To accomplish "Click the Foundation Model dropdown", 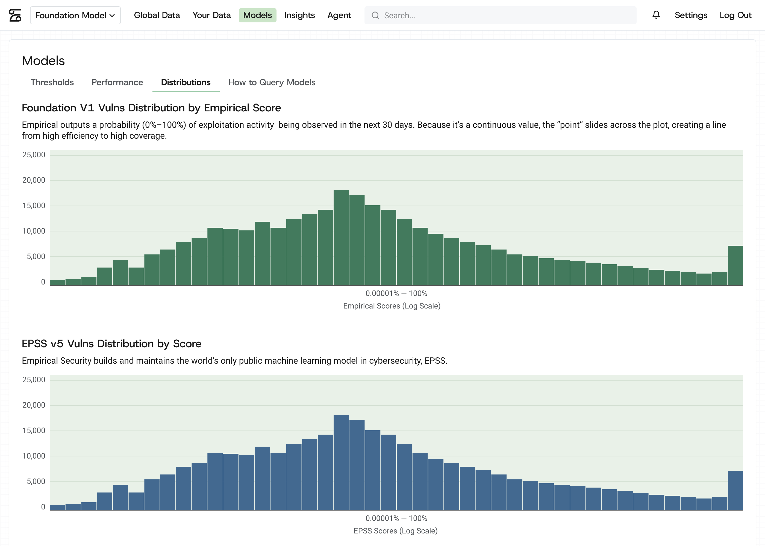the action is click(75, 15).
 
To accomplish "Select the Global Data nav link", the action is click(157, 15).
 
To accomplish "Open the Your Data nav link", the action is click(211, 15).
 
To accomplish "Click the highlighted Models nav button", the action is click(257, 15).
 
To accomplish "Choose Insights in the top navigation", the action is click(299, 15).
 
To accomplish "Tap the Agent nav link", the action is click(339, 15).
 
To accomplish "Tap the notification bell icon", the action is click(656, 15).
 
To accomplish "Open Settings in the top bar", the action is click(691, 15).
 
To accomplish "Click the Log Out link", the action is click(735, 15).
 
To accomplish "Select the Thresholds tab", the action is click(52, 82).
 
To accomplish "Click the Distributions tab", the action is click(186, 82).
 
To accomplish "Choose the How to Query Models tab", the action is click(272, 82).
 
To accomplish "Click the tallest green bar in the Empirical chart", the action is click(341, 237).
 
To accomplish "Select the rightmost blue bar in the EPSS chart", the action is click(735, 490).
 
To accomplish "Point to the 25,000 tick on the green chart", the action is click(34, 155).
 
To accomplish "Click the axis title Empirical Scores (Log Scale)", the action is click(392, 306).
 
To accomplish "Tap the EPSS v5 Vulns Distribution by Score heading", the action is click(112, 344).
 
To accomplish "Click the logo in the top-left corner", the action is click(15, 15).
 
